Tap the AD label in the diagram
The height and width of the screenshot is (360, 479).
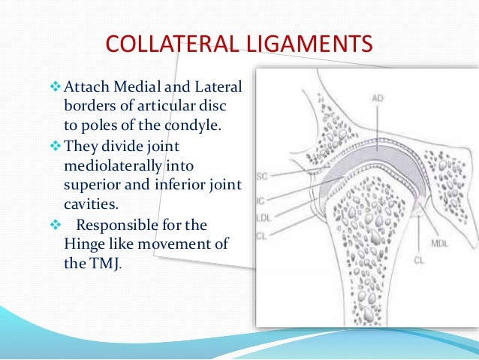(378, 98)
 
